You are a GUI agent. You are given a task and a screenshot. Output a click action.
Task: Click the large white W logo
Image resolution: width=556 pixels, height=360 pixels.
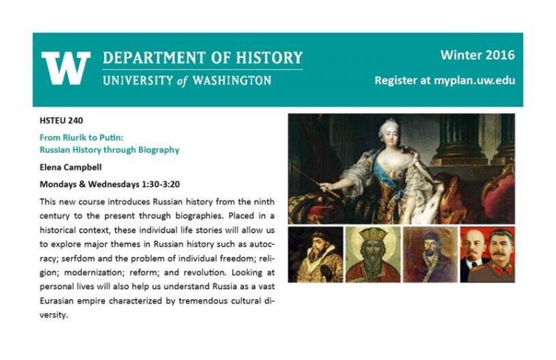[x=66, y=68]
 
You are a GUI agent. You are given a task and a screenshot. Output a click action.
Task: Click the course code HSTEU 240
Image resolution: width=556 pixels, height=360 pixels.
[x=62, y=120]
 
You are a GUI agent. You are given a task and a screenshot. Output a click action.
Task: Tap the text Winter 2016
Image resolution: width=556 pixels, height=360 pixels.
[x=477, y=55]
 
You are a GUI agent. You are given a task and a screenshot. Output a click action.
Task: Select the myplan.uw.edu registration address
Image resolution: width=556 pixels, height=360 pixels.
[x=474, y=80]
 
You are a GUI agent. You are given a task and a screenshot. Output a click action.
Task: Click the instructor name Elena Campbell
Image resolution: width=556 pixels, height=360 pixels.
[x=70, y=167]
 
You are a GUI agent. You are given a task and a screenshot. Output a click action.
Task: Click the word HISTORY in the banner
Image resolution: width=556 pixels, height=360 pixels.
[x=269, y=57]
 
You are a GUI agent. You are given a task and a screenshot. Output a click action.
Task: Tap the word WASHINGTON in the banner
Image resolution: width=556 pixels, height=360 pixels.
[x=232, y=80]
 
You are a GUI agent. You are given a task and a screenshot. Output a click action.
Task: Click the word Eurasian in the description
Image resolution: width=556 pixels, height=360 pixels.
[x=56, y=301]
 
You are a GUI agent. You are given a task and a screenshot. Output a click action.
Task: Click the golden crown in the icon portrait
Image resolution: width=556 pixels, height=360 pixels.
[x=374, y=235]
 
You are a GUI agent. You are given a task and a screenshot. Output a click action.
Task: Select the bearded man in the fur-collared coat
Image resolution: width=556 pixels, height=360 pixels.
[x=316, y=257]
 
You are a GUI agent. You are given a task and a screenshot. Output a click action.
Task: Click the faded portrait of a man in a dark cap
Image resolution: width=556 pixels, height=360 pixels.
[x=430, y=255]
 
